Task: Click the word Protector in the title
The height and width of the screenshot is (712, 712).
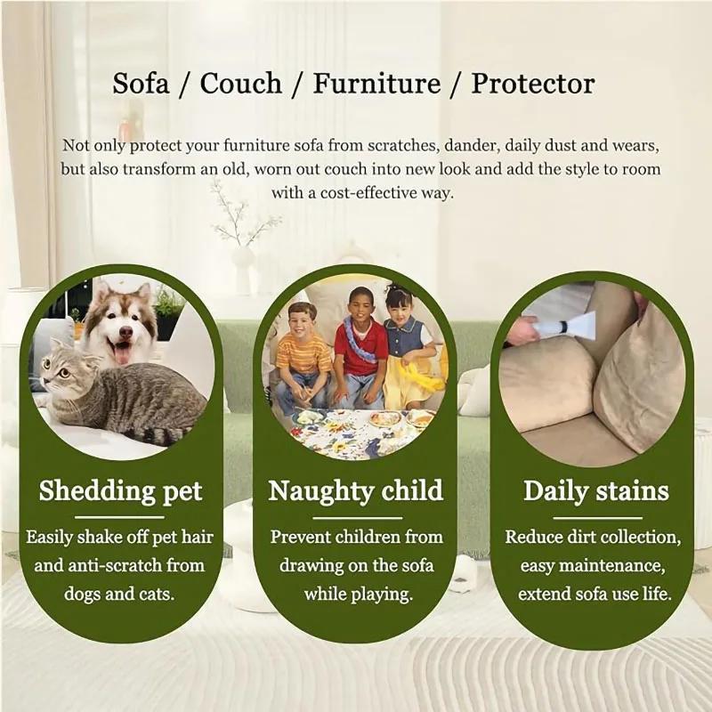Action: [x=532, y=85]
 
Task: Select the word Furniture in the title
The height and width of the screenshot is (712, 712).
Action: [x=376, y=85]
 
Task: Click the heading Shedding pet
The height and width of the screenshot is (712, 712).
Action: [x=120, y=491]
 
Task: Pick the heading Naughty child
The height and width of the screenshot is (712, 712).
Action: [x=355, y=491]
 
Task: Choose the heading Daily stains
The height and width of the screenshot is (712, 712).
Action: [x=595, y=491]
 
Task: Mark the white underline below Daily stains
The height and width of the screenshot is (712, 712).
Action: [x=595, y=517]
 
